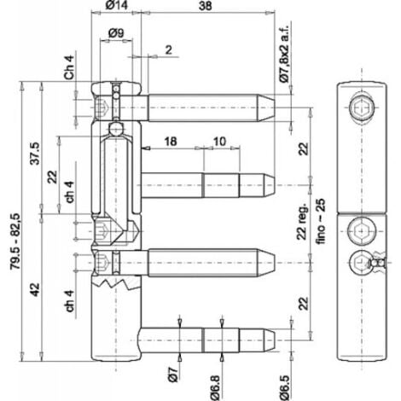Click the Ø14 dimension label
click(x=119, y=8)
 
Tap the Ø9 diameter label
click(x=119, y=34)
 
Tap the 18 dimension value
click(x=171, y=141)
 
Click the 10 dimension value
click(x=219, y=141)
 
